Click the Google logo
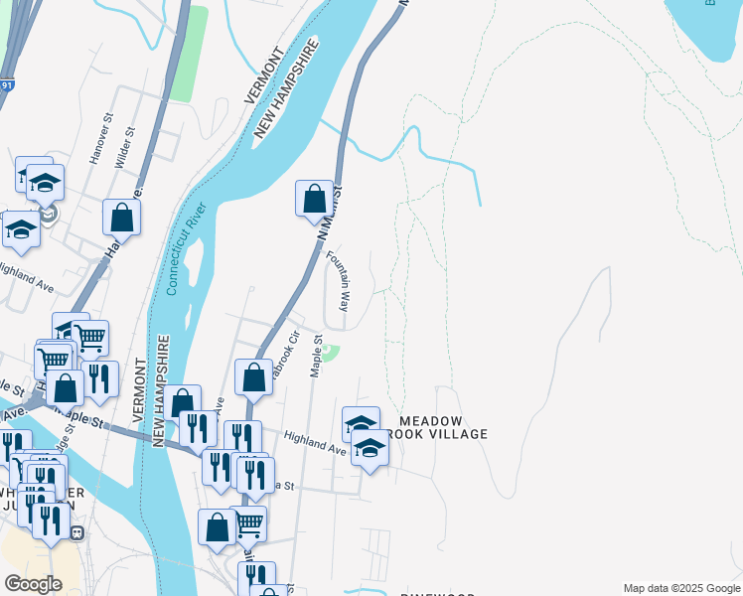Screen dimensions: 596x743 (x=33, y=583)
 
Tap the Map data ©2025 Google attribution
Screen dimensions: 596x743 (x=680, y=588)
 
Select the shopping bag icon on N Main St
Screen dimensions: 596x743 (x=314, y=198)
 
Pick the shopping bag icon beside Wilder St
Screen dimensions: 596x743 (x=121, y=217)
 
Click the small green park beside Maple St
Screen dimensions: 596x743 (x=331, y=353)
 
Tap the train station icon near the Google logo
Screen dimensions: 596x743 (x=76, y=531)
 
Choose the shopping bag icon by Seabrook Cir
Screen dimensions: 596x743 (x=253, y=376)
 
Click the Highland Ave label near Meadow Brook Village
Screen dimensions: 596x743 (x=314, y=442)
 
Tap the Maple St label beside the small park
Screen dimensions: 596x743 (x=316, y=356)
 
